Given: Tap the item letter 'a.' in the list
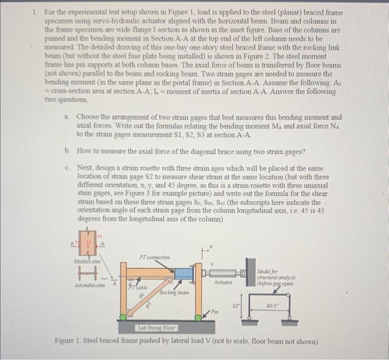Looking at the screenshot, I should coord(67,118).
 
